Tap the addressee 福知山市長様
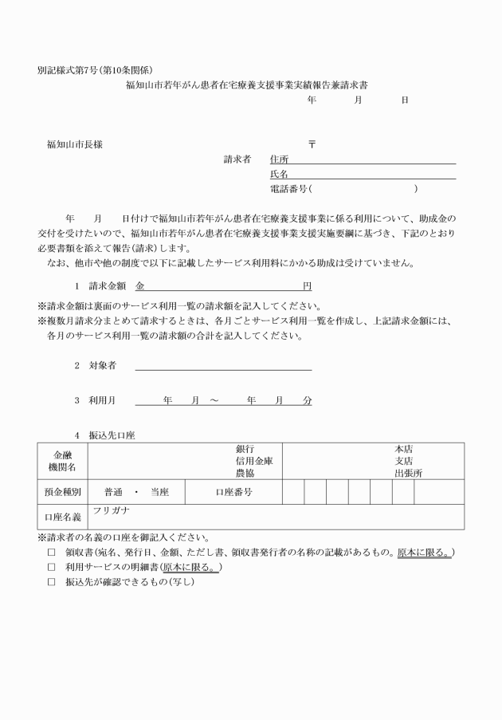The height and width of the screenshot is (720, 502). (74, 144)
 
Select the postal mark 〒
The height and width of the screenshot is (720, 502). (312, 144)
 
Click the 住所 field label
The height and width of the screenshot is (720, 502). (280, 159)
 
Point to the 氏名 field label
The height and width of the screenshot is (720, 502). (280, 174)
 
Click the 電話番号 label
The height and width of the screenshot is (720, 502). (288, 189)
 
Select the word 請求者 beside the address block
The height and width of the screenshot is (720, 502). (237, 159)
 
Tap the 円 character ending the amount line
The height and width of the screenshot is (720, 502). (307, 285)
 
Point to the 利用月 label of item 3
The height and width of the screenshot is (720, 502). (100, 400)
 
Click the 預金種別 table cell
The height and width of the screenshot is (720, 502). (62, 492)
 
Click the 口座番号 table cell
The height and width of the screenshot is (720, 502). (233, 492)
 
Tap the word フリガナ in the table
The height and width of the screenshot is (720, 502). (110, 510)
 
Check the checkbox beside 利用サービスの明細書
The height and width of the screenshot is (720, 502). (51, 567)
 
